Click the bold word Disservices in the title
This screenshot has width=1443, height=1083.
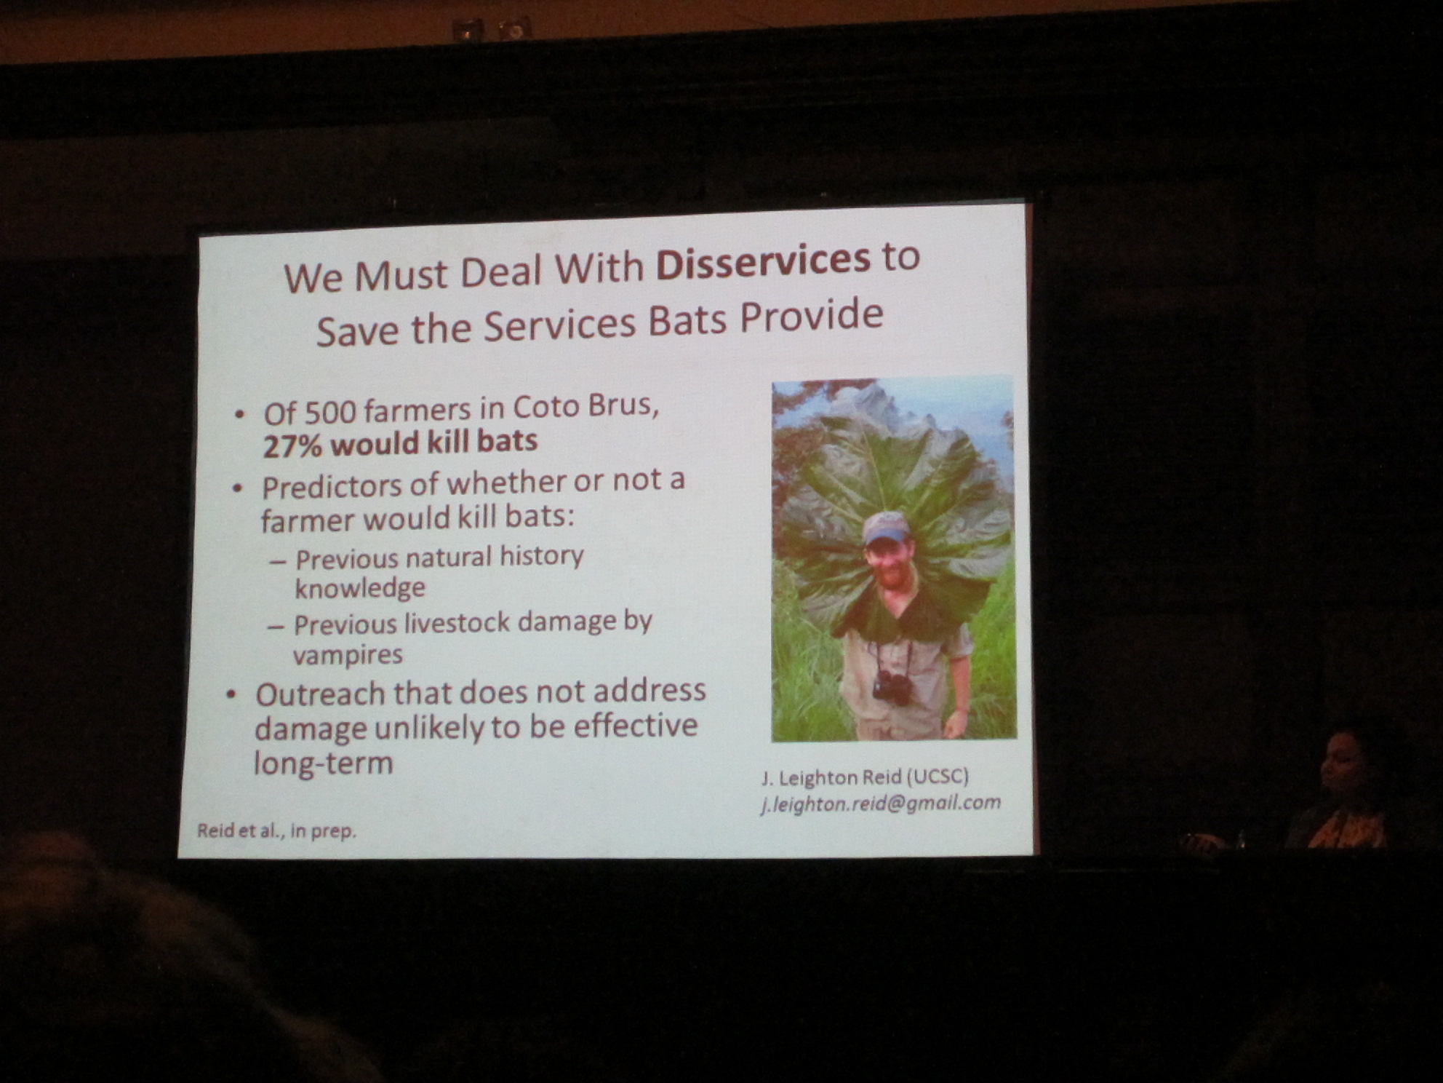[763, 263]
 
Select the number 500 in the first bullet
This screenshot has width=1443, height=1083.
[329, 412]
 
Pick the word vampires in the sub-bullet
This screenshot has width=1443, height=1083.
[348, 655]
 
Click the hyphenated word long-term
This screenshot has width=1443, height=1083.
[323, 763]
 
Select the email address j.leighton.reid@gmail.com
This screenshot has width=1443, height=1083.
[881, 804]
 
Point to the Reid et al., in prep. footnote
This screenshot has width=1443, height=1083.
[276, 830]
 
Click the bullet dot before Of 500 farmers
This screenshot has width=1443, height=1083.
[239, 415]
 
